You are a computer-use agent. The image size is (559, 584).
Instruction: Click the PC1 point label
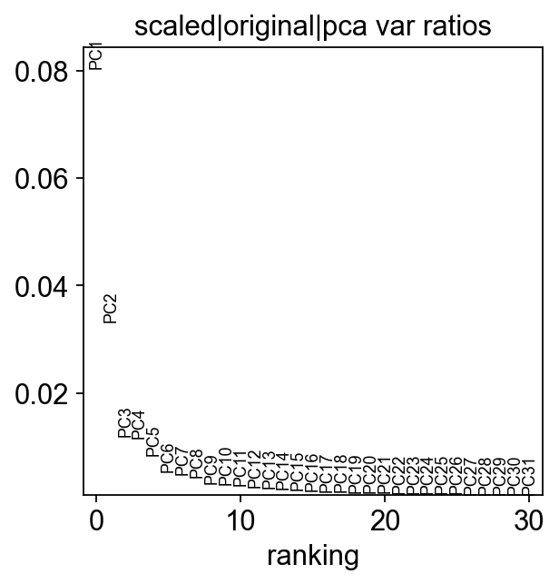coord(96,55)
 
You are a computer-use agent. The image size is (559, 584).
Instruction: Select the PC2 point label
coord(111,309)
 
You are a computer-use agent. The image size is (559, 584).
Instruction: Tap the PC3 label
coord(125,423)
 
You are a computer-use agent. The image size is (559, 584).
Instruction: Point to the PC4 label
coord(139,425)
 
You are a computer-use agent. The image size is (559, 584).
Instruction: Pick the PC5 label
coord(153,441)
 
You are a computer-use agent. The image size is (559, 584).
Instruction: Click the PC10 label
coord(226,464)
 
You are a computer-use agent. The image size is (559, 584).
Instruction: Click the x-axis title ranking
coord(312,555)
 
